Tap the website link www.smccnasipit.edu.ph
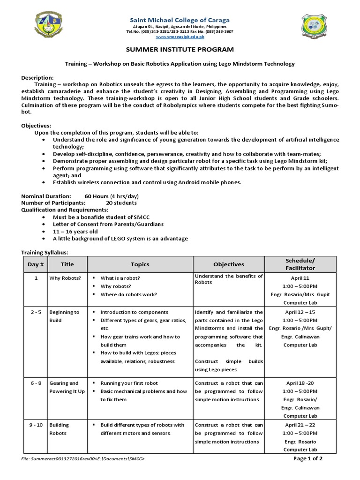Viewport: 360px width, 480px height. click(180, 36)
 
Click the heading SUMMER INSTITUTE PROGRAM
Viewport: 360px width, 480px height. click(180, 49)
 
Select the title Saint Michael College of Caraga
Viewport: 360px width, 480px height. click(180, 20)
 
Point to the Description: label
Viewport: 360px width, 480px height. click(37, 77)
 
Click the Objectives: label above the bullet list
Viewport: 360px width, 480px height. click(36, 126)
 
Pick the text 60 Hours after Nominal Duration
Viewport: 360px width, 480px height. click(97, 196)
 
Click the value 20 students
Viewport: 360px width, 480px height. click(121, 203)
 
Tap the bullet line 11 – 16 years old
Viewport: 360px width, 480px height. click(75, 231)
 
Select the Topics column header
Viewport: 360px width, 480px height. click(140, 264)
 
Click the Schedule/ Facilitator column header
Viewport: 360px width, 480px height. click(300, 264)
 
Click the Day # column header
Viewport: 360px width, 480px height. click(36, 264)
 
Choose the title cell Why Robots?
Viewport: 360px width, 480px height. click(65, 278)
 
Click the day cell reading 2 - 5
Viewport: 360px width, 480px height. click(36, 312)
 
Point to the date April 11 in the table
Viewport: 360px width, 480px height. click(300, 278)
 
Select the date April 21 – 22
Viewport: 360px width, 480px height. click(300, 425)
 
